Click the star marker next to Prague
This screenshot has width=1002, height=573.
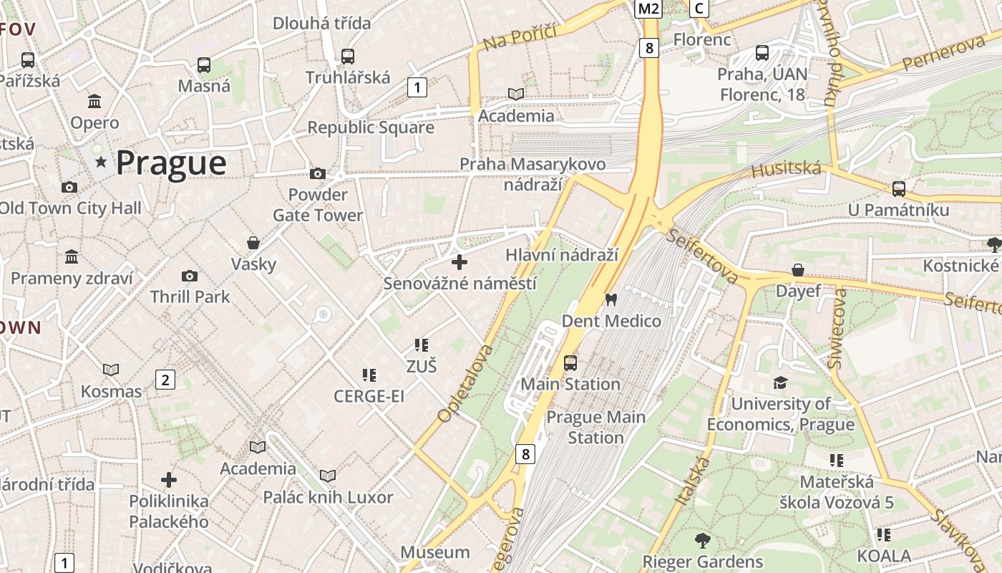point(101,163)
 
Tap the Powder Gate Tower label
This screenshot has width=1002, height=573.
point(318,205)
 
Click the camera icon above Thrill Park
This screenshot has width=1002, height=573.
point(190,276)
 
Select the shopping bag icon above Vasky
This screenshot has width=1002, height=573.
point(253,243)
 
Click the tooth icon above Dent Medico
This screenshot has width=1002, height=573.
point(611,299)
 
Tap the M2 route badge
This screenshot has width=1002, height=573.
point(648,9)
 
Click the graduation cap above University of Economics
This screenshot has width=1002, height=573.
point(780,383)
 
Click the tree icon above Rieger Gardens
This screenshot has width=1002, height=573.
point(702,541)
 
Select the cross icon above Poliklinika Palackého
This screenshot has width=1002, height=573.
point(169,479)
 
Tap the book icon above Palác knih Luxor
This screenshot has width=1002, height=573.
point(328,476)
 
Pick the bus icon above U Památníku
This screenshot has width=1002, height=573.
point(898,189)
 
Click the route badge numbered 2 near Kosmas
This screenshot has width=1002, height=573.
point(165,380)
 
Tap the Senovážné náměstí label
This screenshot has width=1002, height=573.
point(459,284)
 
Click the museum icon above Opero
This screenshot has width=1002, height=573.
point(94,101)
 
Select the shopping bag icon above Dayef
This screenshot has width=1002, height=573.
point(798,270)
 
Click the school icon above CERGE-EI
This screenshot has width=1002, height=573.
point(369,375)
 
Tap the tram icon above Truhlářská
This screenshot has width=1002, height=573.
point(348,56)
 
